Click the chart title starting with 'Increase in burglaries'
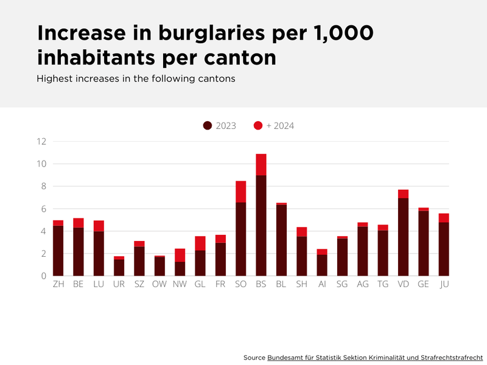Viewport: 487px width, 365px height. [x=205, y=46]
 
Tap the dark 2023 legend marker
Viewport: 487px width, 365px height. [x=208, y=126]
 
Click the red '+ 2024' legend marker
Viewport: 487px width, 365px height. [x=258, y=126]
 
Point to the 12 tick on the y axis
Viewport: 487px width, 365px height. [x=41, y=142]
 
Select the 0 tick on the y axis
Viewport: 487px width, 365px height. [x=44, y=276]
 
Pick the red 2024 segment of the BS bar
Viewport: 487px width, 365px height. [x=261, y=164]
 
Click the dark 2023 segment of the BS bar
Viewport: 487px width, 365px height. [x=261, y=225]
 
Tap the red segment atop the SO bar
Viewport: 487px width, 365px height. [x=240, y=192]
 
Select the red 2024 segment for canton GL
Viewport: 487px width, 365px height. [x=200, y=243]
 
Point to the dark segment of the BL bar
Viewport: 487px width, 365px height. [x=281, y=240]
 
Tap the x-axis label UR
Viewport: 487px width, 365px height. [x=119, y=284]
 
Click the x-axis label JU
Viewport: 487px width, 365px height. [x=444, y=284]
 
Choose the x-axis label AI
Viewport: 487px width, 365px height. [x=322, y=284]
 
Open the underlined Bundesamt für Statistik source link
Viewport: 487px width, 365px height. [x=375, y=356]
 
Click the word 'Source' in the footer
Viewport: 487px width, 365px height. [x=254, y=356]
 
